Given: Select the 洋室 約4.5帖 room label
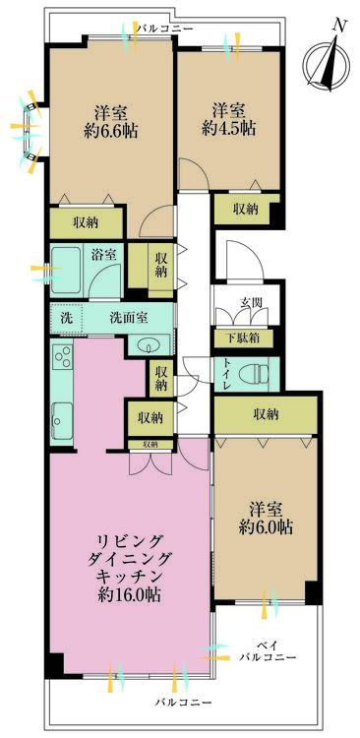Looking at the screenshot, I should click(229, 117).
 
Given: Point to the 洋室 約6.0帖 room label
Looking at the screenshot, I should click(269, 518).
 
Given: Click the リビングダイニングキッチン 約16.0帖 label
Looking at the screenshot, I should click(129, 568).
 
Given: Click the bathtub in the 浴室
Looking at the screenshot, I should click(66, 267).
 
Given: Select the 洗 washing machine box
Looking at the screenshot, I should click(66, 318).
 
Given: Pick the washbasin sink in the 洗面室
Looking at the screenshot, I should click(150, 344).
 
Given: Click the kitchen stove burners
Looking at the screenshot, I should click(62, 361).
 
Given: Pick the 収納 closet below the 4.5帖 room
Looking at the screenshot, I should click(246, 209).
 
